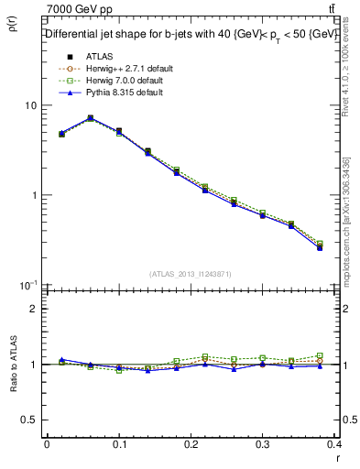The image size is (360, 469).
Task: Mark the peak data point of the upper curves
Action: coord(91,118)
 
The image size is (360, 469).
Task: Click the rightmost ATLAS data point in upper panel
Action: coord(320,247)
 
